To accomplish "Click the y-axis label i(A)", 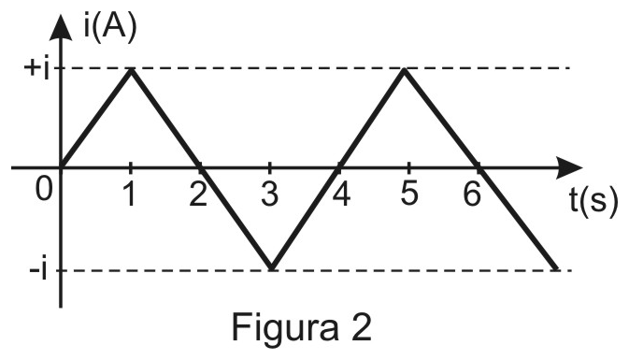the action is tap(110, 27).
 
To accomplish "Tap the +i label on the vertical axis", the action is tap(37, 69).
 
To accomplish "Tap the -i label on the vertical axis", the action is tap(39, 270).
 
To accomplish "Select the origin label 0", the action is tap(44, 189).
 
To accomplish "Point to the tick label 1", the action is tap(129, 194).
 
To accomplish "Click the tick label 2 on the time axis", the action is tap(198, 194).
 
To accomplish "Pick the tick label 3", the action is tap(269, 194).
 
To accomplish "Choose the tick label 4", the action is tap(341, 194).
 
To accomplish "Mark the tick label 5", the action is tap(408, 194).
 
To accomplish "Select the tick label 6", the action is tap(472, 194).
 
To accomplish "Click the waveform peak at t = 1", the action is tap(131, 70).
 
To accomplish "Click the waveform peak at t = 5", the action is tap(405, 70).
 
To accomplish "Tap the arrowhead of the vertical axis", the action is tap(61, 26).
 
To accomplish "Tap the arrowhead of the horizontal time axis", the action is tap(569, 167).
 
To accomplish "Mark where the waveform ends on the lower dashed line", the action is tap(555, 268).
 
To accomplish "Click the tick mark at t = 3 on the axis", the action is tap(269, 167).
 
